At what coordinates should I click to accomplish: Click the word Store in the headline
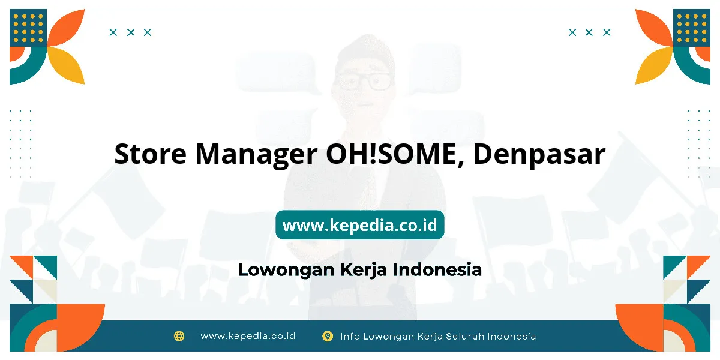150,154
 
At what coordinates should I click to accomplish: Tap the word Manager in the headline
256,156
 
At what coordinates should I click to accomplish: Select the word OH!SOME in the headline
395,155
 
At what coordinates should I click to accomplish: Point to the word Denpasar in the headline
539,156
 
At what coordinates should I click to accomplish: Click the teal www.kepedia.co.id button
359,224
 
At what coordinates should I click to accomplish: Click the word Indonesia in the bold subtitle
437,269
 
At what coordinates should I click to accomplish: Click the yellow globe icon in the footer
179,336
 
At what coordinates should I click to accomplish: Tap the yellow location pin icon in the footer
328,336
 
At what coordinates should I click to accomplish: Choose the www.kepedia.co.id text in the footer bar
248,336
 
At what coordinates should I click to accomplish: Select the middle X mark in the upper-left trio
131,32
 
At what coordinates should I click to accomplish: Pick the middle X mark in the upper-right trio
589,32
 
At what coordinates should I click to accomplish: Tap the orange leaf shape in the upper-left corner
67,28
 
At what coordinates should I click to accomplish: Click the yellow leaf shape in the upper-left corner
67,65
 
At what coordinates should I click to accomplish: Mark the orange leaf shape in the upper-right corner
653,28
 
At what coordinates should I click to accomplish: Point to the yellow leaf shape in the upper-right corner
653,65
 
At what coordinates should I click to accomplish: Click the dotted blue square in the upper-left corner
28,28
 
